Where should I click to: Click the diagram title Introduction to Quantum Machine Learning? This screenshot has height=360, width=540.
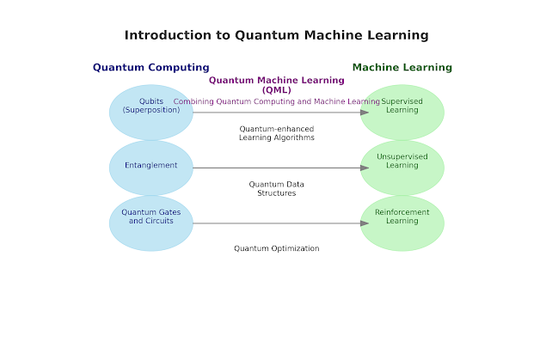(276, 35)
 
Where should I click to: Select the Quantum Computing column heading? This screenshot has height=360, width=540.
(150, 67)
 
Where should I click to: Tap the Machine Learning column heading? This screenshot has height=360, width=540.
(402, 67)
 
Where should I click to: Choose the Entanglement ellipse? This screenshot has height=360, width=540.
(150, 168)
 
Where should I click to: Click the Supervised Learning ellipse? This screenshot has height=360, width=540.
(402, 120)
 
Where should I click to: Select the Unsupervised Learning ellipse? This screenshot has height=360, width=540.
(402, 168)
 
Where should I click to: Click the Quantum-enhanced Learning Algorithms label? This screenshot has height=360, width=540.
(276, 133)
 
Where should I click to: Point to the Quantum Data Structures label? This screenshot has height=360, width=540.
(276, 188)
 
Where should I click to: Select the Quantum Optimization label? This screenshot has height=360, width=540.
(276, 248)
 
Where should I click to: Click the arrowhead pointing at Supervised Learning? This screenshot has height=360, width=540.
(365, 113)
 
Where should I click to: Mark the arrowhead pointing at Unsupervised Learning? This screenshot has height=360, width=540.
(365, 168)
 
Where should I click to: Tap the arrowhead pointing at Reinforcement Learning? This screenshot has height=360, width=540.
(365, 223)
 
